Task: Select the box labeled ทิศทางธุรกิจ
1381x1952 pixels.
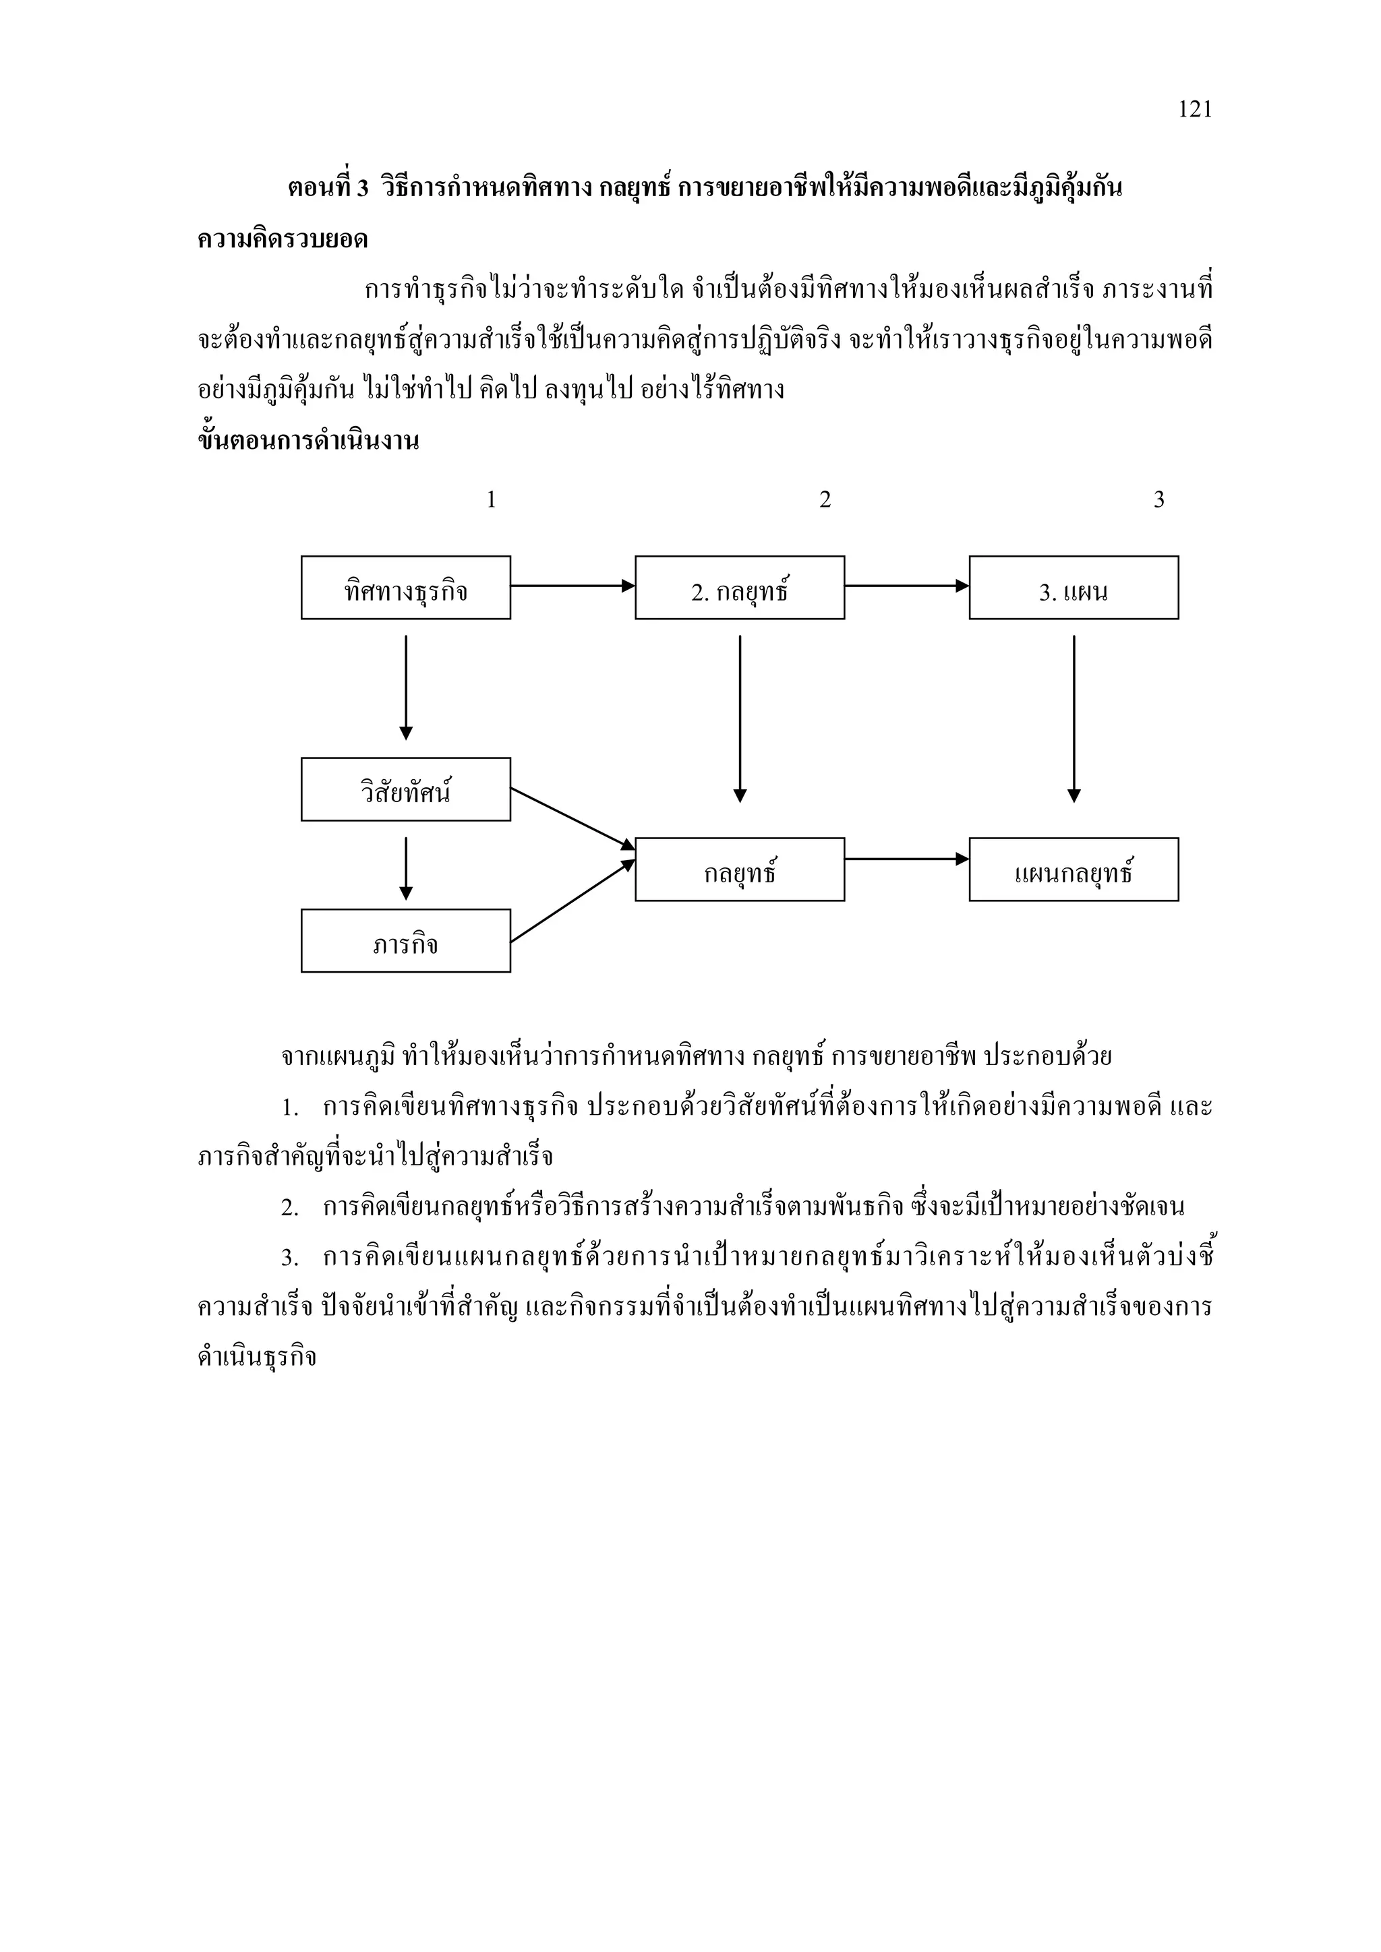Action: (406, 588)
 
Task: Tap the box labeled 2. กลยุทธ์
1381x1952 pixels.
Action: (739, 588)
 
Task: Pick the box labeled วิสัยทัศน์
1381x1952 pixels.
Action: (406, 789)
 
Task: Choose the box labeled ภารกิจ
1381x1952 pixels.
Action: (406, 940)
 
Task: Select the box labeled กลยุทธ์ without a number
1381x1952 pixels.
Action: (739, 869)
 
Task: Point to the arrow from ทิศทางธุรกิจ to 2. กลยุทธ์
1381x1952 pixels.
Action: (572, 586)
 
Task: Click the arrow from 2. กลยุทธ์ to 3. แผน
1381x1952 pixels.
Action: (906, 586)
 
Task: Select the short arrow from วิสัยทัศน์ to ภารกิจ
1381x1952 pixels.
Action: (406, 867)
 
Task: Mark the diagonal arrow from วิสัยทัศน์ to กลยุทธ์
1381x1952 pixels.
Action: (572, 818)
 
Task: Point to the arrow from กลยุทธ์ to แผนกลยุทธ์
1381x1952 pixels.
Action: (906, 859)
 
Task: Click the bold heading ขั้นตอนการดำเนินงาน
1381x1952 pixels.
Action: (308, 441)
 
